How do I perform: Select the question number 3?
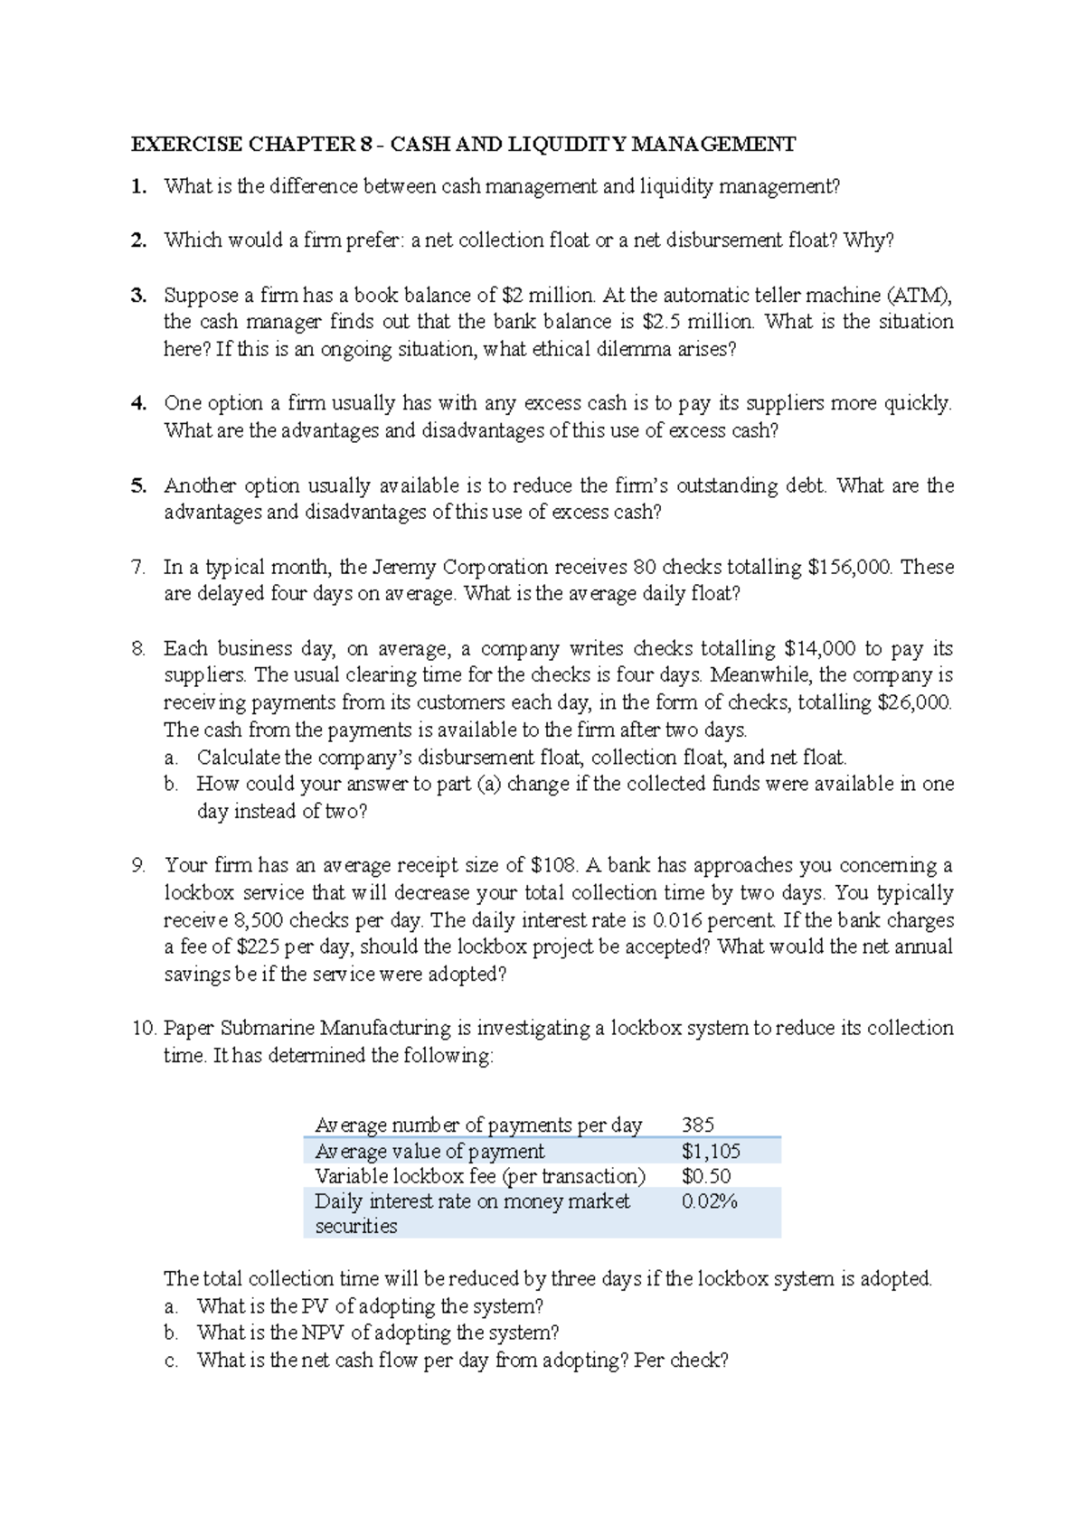(x=137, y=295)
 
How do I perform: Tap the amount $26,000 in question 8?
(x=914, y=702)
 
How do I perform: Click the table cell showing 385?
(x=698, y=1125)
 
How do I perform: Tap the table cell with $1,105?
(x=711, y=1151)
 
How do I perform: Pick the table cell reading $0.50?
(x=706, y=1176)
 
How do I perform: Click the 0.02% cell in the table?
(x=709, y=1201)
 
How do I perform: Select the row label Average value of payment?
(x=429, y=1151)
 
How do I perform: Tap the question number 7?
(x=137, y=567)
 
